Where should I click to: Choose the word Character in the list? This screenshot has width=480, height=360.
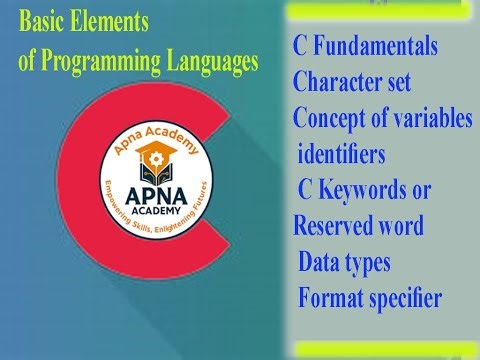point(341,83)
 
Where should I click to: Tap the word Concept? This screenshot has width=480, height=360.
point(330,118)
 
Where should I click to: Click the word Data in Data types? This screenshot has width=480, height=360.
point(321,262)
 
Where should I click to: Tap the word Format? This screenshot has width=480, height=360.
point(331,298)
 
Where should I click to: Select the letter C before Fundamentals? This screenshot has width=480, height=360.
point(301,48)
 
